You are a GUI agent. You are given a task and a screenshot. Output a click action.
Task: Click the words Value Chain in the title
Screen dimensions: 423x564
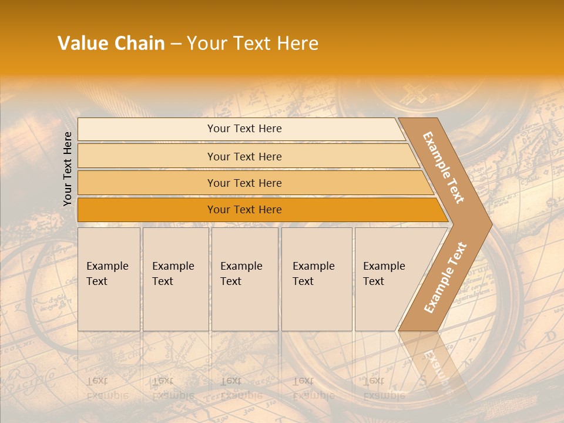point(111,43)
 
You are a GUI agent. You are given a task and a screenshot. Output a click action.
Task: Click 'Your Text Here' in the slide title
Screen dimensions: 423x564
point(253,43)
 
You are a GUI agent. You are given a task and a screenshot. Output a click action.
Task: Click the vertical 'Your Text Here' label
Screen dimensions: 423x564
point(68,169)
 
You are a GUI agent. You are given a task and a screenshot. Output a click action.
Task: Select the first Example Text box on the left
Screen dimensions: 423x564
point(109,279)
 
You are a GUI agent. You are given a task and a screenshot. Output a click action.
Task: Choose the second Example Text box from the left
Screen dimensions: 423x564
point(175,279)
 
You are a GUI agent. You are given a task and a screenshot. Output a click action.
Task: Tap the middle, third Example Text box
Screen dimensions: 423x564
point(244,279)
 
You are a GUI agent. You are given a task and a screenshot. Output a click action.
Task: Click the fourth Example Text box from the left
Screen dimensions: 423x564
point(316,279)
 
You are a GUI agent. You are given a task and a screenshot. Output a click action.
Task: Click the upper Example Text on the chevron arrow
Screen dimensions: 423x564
point(444,167)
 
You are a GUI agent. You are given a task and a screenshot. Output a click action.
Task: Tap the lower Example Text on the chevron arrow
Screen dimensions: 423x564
point(445,277)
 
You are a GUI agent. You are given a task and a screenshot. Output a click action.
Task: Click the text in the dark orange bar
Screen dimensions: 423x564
point(244,210)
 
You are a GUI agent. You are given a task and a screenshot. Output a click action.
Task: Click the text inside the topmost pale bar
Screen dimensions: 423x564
point(244,129)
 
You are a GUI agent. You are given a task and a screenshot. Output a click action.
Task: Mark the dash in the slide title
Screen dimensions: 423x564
point(176,44)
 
